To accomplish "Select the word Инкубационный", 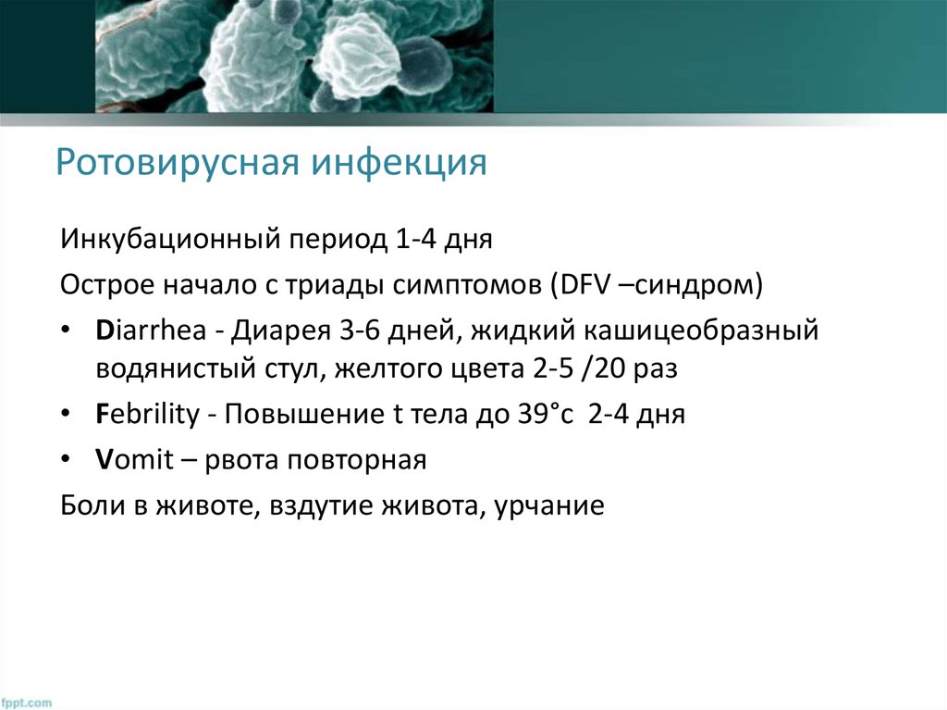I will [170, 242].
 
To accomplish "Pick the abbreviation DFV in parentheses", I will [582, 285].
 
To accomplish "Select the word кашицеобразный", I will [719, 330].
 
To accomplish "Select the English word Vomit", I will [133, 460].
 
